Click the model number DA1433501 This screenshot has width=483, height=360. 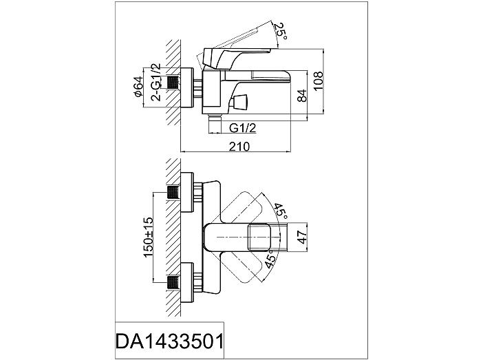pos(169,341)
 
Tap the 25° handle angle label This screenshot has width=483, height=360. pos(280,32)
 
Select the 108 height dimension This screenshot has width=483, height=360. pos(318,81)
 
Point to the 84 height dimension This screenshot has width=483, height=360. pos(303,96)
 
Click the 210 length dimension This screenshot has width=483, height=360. pos(239,147)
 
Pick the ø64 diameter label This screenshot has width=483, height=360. pos(139,87)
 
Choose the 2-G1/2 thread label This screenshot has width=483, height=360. pos(156,82)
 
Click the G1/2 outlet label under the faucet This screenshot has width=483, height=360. pos(243,127)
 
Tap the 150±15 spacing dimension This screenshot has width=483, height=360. pos(148,237)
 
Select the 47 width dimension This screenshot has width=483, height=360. pos(303,237)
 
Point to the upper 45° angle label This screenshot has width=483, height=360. pos(280,210)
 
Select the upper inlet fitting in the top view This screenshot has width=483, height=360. pos(173,193)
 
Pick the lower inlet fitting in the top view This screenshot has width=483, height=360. pos(173,283)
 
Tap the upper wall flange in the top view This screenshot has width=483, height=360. pos(187,193)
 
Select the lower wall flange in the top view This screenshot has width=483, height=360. pos(187,283)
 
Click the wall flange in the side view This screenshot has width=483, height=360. pos(187,88)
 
